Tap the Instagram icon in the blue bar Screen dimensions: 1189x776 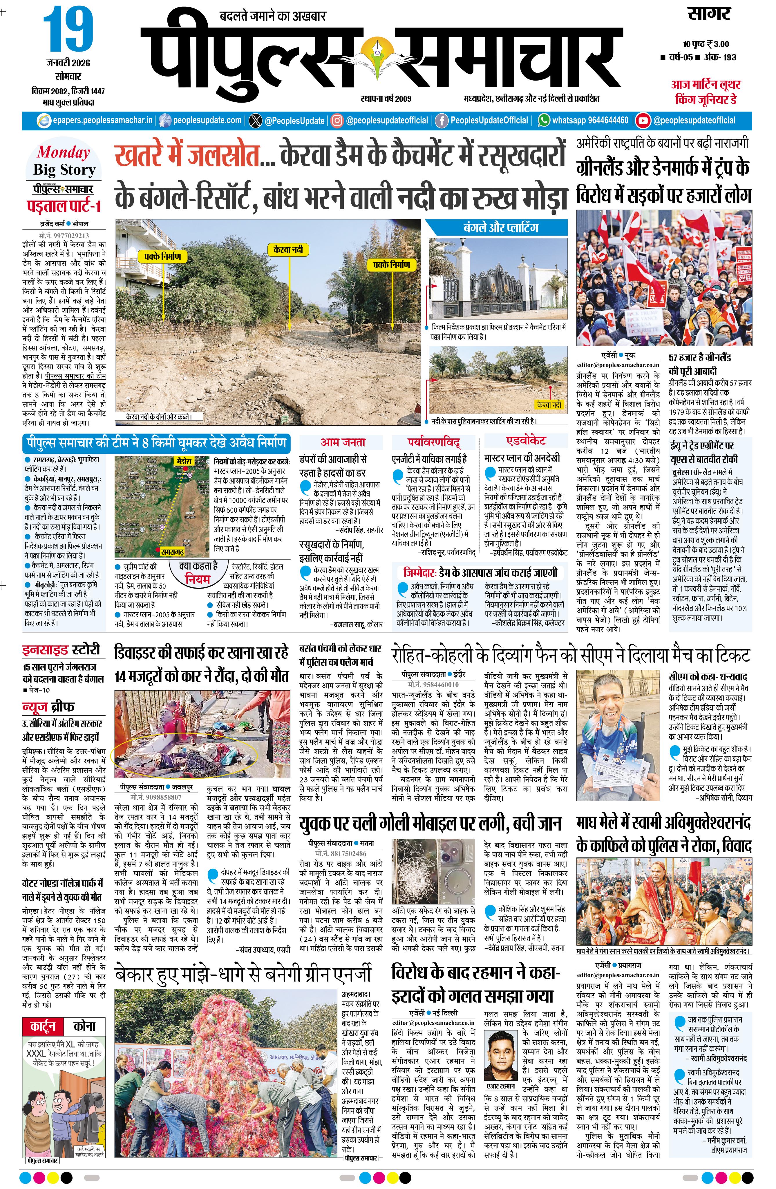pyautogui.click(x=337, y=120)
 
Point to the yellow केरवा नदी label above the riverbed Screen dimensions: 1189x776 pyautogui.click(x=289, y=250)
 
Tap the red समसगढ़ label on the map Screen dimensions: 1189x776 pyautogui.click(x=173, y=551)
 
